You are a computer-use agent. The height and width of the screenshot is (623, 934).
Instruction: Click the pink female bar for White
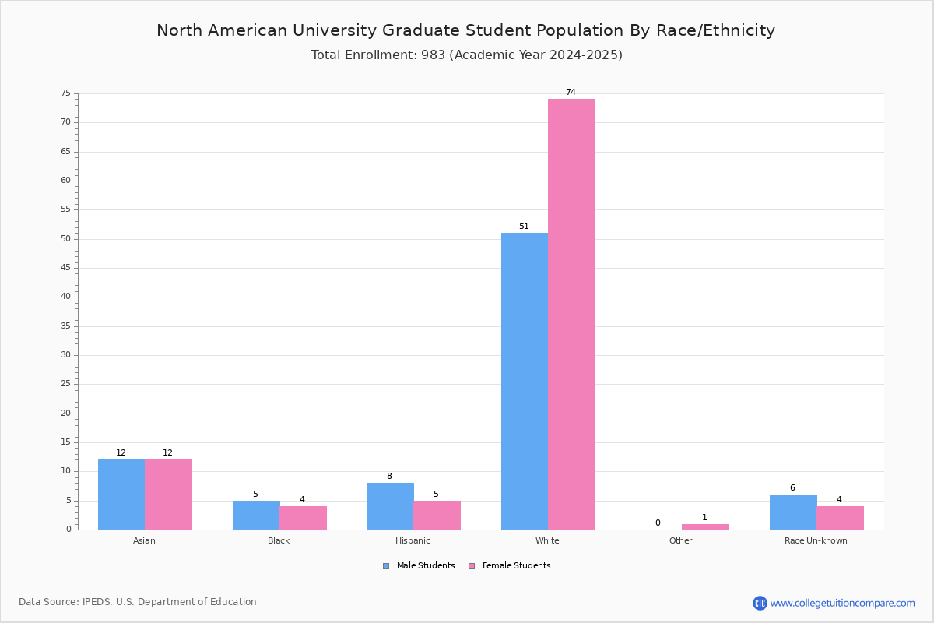571,314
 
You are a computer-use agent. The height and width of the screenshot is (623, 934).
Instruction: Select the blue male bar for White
525,382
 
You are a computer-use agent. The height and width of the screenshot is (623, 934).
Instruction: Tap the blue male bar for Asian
121,495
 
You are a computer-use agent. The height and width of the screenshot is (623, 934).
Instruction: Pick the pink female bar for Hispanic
437,516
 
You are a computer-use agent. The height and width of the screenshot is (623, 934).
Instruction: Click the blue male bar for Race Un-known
793,512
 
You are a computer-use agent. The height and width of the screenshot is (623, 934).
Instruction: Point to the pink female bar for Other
705,527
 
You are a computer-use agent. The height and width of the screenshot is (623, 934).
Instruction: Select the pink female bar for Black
303,518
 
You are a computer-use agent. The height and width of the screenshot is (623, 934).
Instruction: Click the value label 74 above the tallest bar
571,92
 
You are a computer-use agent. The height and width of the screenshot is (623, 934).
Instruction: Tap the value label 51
524,226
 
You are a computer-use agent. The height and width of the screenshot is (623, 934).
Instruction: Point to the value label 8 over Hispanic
389,476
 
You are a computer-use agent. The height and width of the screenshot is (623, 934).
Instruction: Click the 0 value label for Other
658,523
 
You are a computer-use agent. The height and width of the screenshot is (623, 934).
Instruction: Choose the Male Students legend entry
419,565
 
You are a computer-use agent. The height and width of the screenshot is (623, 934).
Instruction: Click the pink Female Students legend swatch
472,566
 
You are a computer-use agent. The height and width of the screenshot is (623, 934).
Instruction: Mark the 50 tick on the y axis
66,238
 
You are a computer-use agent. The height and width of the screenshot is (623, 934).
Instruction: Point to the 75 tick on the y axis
66,93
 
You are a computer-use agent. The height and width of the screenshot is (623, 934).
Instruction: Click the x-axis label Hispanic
413,540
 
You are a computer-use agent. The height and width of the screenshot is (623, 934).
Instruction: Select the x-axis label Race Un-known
816,540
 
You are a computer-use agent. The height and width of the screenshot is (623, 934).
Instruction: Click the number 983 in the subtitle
433,55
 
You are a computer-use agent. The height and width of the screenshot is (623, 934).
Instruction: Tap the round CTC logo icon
760,603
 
